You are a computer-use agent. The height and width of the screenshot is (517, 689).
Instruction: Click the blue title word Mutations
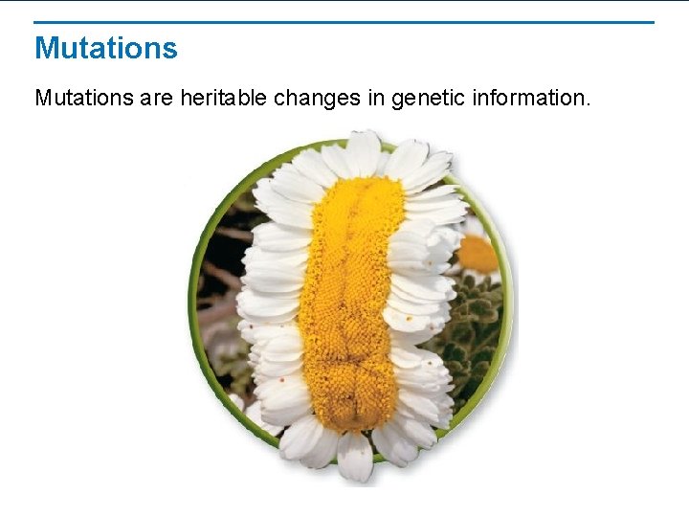[105, 48]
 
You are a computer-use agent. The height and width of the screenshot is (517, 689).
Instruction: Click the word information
[531, 98]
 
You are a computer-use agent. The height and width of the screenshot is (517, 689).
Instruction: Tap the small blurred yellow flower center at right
[477, 254]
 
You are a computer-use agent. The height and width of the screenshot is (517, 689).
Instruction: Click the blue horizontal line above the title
[344, 22]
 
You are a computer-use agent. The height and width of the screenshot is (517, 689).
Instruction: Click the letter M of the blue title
[46, 48]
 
